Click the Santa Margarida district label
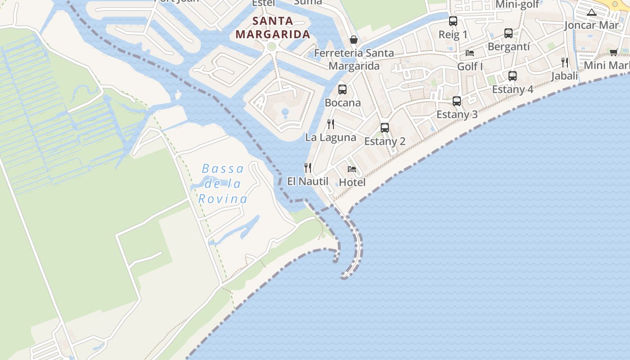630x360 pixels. (x=273, y=27)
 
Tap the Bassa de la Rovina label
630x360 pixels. (x=223, y=184)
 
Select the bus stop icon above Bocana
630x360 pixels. (x=342, y=90)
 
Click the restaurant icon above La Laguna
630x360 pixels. (x=331, y=124)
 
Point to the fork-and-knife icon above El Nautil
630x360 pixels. (x=308, y=168)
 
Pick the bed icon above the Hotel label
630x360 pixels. (x=352, y=169)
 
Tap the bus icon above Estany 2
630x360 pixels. (x=385, y=128)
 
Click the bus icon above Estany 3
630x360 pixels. (x=457, y=101)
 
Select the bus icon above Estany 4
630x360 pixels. (x=513, y=76)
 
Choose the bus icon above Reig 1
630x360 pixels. (x=453, y=21)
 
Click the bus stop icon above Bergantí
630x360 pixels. (x=508, y=33)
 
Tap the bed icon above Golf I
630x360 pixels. (x=470, y=53)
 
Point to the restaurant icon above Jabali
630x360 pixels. (x=565, y=63)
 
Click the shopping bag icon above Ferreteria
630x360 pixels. (x=354, y=40)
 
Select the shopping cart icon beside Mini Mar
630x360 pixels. (x=614, y=52)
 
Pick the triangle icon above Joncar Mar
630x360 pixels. (x=592, y=12)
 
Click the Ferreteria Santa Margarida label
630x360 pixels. (x=354, y=59)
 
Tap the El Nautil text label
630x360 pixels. (x=308, y=181)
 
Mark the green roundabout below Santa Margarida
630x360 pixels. (x=271, y=46)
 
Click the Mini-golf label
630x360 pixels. (x=517, y=5)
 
